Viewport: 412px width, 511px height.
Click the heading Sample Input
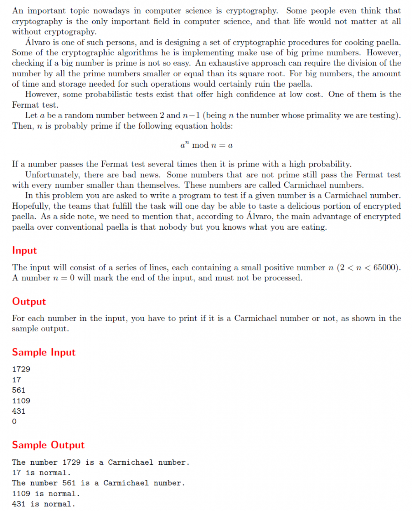point(44,352)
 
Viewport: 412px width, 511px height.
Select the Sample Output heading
point(48,445)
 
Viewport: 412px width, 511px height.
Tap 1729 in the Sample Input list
point(21,369)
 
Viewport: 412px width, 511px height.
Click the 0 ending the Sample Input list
point(14,422)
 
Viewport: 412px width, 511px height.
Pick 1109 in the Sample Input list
point(21,400)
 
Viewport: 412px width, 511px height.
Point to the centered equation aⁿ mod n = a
point(206,145)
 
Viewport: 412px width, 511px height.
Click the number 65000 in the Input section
point(386,267)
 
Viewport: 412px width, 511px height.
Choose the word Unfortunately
point(52,175)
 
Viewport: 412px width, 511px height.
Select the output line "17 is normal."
point(41,473)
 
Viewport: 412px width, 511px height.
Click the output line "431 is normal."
point(44,504)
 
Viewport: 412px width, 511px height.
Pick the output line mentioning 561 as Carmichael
point(98,483)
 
